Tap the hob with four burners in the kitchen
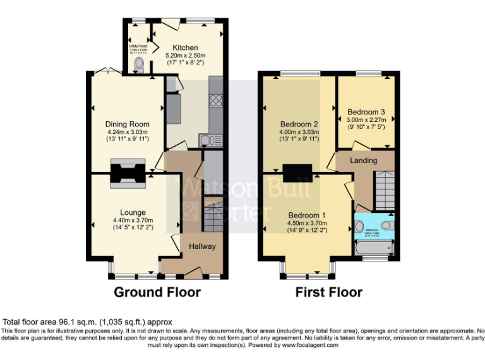coord(215,102)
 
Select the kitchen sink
coord(207,140)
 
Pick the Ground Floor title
coord(157,292)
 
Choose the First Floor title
coord(328,292)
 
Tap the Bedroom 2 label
coord(299,124)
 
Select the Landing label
coord(364,161)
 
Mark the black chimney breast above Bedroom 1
coord(296,171)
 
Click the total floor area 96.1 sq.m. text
coord(88,322)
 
